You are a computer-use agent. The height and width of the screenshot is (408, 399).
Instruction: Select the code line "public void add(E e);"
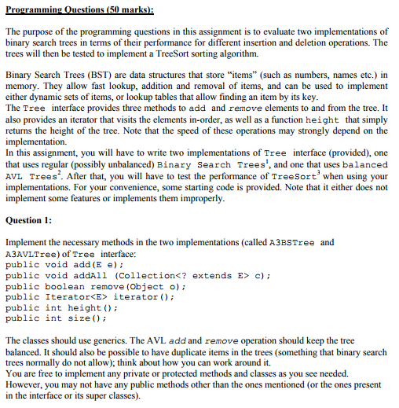69,265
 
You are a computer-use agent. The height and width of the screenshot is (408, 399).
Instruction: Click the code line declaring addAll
137,276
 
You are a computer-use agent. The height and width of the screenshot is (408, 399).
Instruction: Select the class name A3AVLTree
30,254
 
